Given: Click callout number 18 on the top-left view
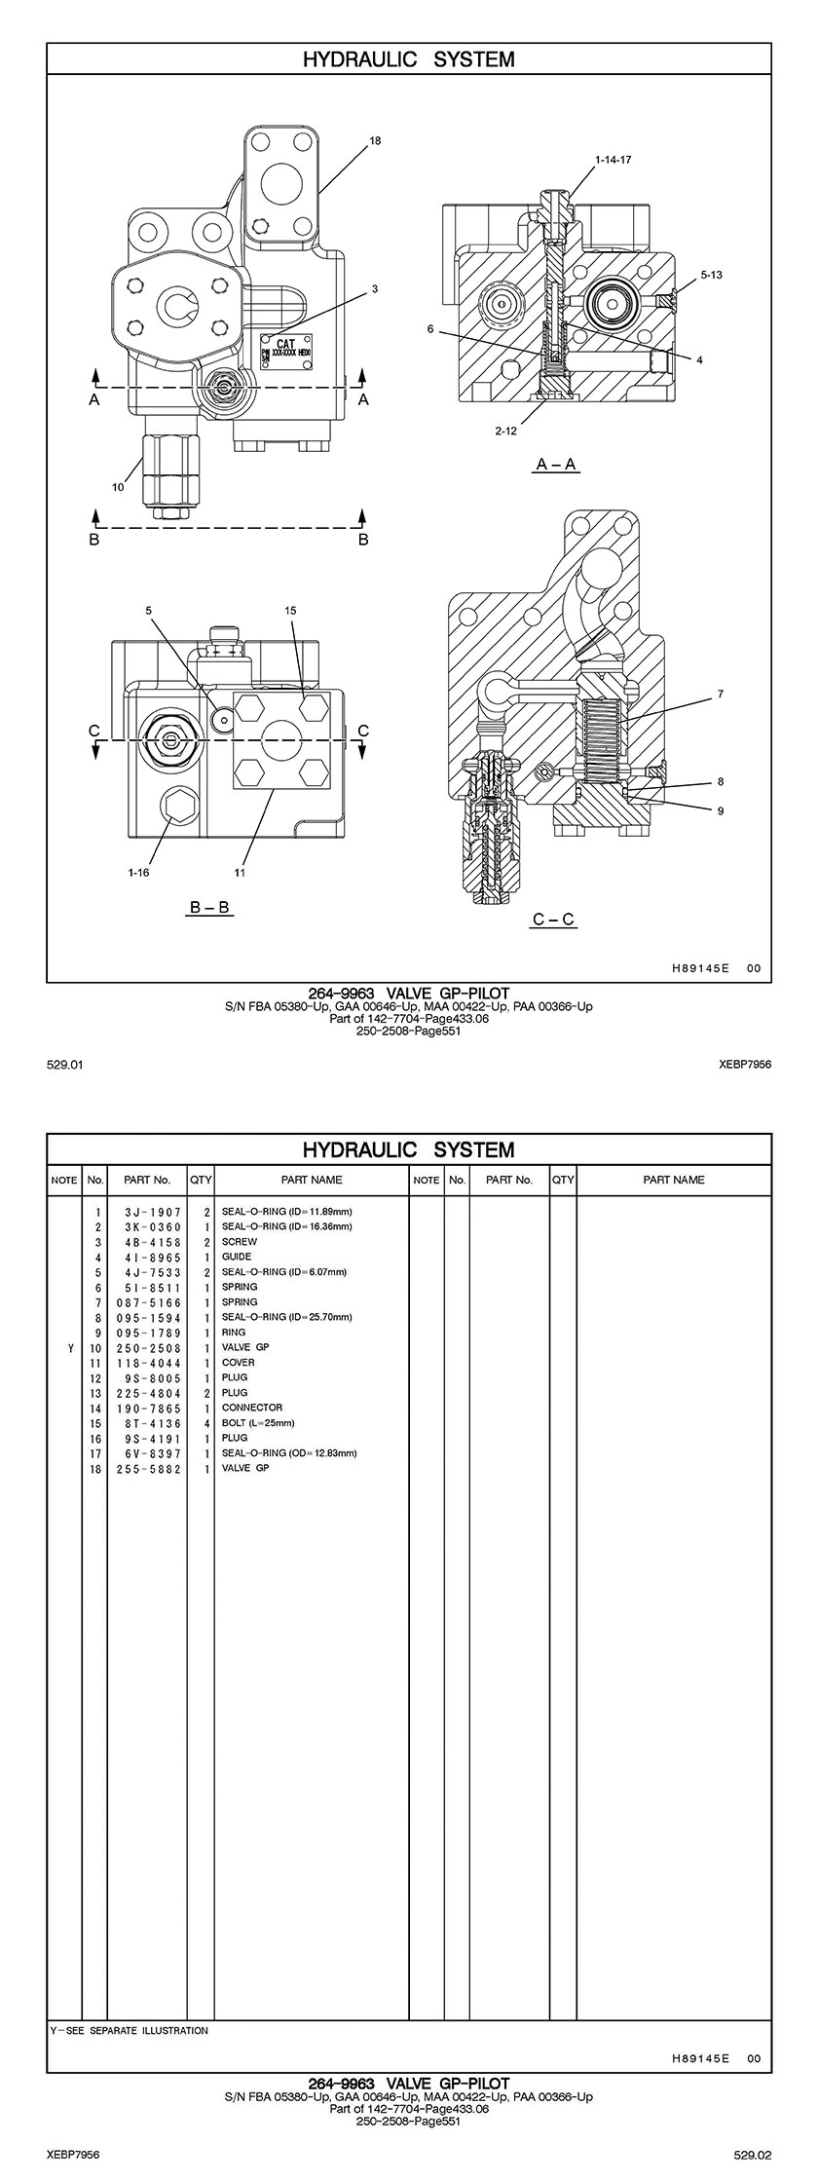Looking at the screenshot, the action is tap(376, 140).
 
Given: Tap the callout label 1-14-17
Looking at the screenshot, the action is tap(613, 159).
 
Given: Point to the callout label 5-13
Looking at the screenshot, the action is tap(712, 275).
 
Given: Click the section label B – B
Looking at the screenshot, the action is tap(209, 907).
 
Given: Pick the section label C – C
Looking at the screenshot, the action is tap(554, 919).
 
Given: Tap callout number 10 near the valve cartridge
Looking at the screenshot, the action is tap(118, 487).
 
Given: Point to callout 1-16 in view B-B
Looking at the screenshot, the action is tap(138, 873).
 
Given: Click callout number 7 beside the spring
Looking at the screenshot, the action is tap(721, 695).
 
